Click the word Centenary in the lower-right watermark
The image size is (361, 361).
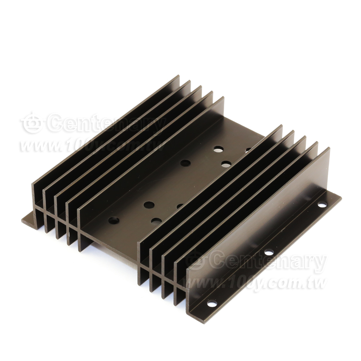pyautogui.click(x=269, y=262)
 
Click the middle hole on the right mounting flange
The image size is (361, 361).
pyautogui.click(x=269, y=252)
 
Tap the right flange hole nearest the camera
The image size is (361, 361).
pyautogui.click(x=212, y=304)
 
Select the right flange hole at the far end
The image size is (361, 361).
pyautogui.click(x=322, y=204)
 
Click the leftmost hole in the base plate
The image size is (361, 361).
pyautogui.click(x=114, y=220)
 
